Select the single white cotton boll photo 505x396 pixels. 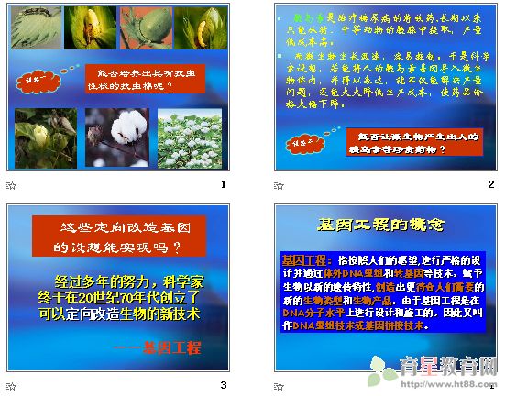[x=117, y=138]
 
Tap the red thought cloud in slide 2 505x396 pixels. [x=302, y=142]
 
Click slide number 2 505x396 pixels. [x=491, y=184]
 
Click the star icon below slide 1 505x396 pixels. [x=11, y=184]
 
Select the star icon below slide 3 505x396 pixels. [x=11, y=384]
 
